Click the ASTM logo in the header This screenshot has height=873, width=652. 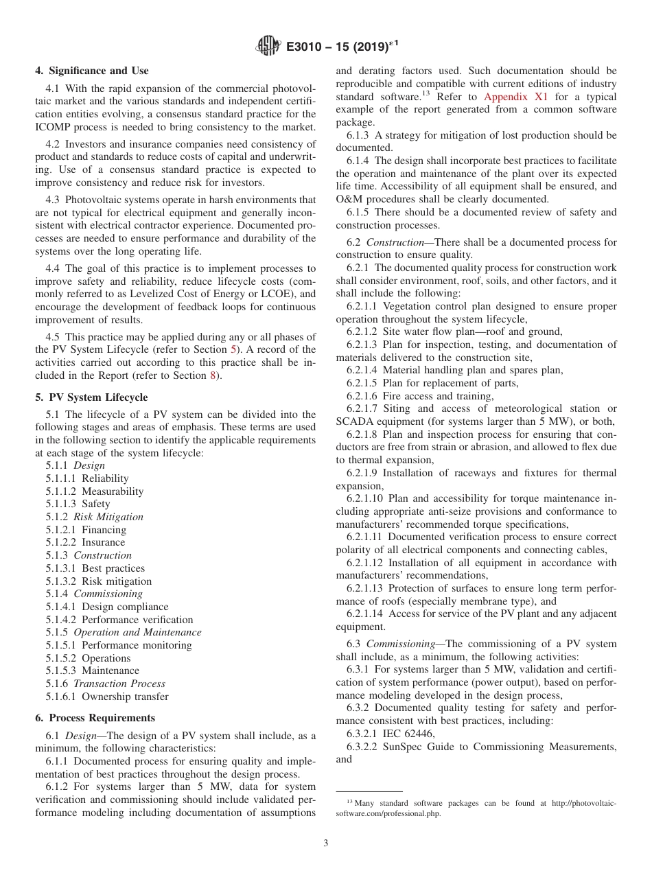268,46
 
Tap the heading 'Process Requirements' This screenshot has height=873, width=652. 95,718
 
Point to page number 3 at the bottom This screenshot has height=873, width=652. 325,843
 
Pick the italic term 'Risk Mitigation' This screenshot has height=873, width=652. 108,517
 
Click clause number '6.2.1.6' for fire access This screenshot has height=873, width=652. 362,396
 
